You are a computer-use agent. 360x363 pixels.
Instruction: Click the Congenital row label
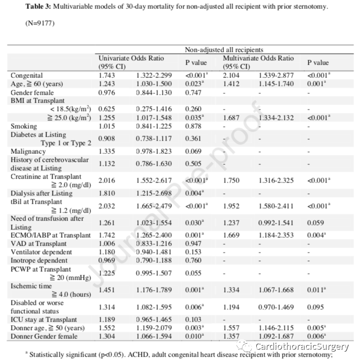(x=27, y=75)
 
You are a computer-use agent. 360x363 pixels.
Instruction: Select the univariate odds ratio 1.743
(x=107, y=75)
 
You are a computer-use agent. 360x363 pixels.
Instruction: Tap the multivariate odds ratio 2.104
(x=232, y=75)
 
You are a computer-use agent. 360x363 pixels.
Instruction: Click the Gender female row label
(x=32, y=92)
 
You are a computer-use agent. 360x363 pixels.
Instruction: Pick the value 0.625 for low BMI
(x=107, y=109)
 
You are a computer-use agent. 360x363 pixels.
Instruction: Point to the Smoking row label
(x=24, y=126)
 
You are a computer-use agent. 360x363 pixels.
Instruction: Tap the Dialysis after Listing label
(x=41, y=193)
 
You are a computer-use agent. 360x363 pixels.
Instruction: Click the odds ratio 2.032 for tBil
(x=107, y=206)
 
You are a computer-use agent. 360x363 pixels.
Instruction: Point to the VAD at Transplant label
(x=39, y=244)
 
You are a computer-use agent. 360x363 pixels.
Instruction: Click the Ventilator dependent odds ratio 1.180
(x=107, y=252)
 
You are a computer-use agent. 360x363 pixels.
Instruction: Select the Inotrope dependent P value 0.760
(x=194, y=260)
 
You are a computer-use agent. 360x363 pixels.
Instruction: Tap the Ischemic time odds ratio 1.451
(x=107, y=290)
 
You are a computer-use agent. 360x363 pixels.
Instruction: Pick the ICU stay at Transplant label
(x=44, y=320)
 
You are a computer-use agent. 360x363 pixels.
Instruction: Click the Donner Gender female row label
(x=44, y=336)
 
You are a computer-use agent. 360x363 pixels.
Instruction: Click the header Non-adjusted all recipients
(x=224, y=50)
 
